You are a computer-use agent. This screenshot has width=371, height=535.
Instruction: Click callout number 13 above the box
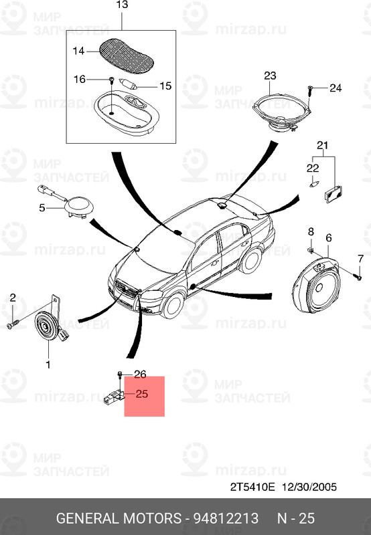(122, 5)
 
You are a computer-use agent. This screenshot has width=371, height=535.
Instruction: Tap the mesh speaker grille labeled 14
(126, 57)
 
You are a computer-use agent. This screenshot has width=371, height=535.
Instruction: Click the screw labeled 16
(111, 80)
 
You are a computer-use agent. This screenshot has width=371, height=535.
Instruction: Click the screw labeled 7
(359, 277)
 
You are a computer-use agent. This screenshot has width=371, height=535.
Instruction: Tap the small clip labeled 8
(310, 251)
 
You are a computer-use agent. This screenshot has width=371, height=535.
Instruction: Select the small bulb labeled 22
(313, 185)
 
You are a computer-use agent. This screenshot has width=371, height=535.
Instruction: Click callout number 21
(322, 145)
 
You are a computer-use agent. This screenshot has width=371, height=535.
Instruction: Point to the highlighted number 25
(142, 394)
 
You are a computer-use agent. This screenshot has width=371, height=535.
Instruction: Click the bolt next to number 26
(120, 374)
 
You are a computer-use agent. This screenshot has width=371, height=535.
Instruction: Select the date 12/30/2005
(309, 487)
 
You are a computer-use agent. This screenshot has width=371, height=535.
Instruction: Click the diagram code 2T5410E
(252, 487)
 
